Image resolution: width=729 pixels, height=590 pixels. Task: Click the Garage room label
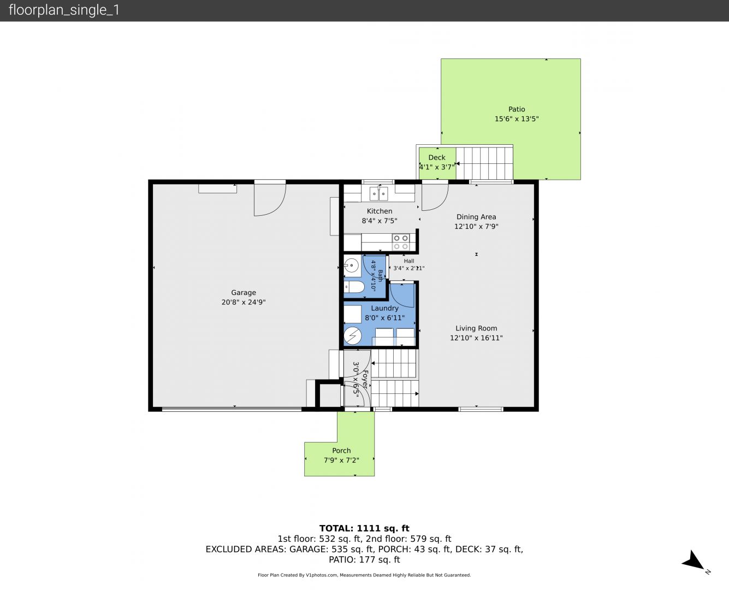[x=244, y=292]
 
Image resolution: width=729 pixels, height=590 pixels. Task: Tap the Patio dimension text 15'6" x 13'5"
[x=517, y=119]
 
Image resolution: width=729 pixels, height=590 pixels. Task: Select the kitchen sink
[x=379, y=193]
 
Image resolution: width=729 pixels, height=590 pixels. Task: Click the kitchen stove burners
[x=401, y=242]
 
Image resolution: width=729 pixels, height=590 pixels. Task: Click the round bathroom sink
[x=351, y=265]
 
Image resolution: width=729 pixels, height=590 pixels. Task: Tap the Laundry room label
[x=384, y=308]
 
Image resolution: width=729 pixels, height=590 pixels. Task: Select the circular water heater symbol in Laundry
[x=353, y=335]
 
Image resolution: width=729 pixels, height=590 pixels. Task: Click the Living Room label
[x=476, y=328]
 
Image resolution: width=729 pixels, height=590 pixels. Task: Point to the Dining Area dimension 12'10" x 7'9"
[x=476, y=226]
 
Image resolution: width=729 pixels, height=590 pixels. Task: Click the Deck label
[x=437, y=157]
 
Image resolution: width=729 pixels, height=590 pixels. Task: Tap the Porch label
[x=341, y=451]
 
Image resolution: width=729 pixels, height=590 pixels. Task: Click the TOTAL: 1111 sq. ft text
[x=364, y=528]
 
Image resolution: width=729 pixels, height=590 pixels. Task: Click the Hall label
[x=408, y=261]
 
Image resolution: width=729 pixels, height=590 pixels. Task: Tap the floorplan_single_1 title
[x=64, y=10]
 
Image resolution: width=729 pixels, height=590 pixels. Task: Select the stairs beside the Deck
[x=484, y=163]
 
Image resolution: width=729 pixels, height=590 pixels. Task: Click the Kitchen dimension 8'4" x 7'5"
[x=379, y=221]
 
